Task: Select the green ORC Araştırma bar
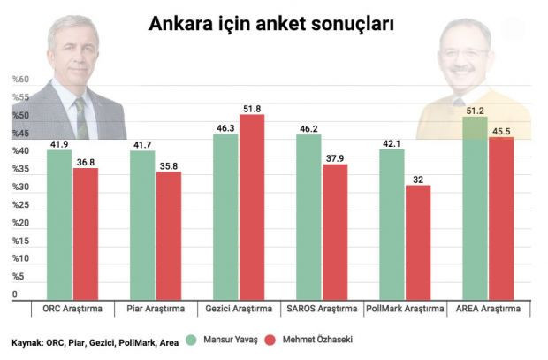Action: click(59, 225)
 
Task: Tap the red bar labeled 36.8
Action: click(86, 234)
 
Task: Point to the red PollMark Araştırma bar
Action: click(419, 242)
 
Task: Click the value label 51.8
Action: click(253, 109)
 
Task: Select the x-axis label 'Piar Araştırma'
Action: click(155, 310)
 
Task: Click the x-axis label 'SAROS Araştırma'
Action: click(322, 310)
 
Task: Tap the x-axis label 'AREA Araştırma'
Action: click(488, 310)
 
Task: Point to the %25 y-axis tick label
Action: click(20, 206)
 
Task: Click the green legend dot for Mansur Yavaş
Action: click(191, 340)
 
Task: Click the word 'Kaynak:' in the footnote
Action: click(27, 341)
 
